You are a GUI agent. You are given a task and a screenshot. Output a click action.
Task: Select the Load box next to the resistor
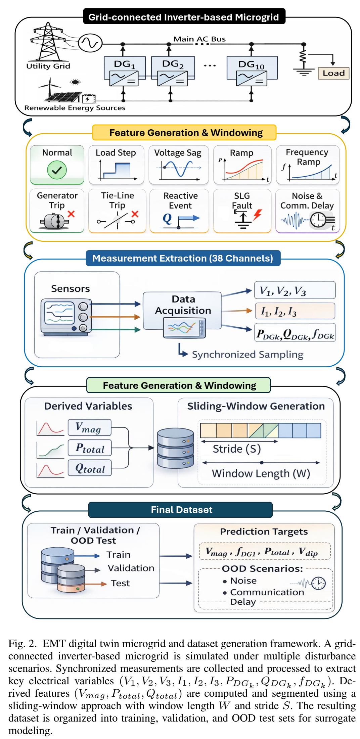click(333, 73)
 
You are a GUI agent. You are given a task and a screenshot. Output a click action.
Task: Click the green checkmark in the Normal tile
click(57, 170)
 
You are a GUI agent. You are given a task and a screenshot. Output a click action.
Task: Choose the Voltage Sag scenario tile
click(178, 165)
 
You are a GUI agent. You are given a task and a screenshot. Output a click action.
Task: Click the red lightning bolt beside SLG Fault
click(257, 214)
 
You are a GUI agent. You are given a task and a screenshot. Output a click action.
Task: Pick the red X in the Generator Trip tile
click(71, 214)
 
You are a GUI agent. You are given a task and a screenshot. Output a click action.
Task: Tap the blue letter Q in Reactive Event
click(167, 219)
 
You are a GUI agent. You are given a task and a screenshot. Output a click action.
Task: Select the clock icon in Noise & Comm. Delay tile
click(318, 220)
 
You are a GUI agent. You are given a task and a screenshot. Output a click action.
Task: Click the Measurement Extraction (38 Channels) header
click(183, 258)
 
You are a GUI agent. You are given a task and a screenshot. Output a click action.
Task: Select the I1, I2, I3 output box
click(295, 311)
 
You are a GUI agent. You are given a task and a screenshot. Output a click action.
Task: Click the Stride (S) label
click(237, 449)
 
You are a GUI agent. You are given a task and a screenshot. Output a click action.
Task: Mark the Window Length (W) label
click(261, 473)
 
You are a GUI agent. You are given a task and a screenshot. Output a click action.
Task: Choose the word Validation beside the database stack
click(131, 568)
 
